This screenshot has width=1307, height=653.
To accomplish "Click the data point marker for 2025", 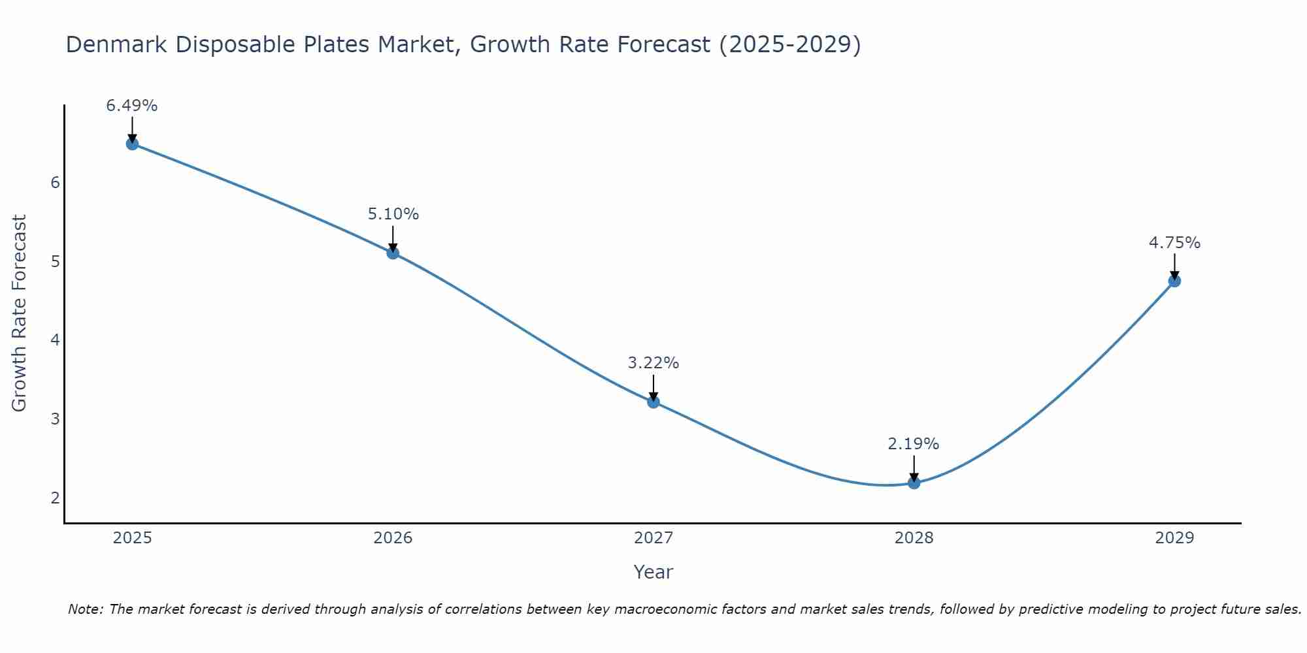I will [x=132, y=144].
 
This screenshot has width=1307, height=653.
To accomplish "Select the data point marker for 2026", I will [x=393, y=253].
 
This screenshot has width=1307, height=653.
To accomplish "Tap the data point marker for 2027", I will [x=653, y=402].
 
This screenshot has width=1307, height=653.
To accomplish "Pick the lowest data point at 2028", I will [x=914, y=483].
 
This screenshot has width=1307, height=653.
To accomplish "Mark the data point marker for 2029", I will [x=1174, y=281].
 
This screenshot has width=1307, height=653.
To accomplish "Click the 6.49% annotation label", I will [x=132, y=106].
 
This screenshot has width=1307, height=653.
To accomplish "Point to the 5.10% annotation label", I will [x=393, y=214].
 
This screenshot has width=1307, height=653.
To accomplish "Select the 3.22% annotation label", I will [x=653, y=363].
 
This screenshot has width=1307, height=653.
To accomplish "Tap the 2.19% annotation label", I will [x=914, y=444].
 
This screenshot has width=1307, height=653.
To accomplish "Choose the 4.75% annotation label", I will [x=1174, y=243].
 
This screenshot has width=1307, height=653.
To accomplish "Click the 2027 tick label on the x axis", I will [x=653, y=538].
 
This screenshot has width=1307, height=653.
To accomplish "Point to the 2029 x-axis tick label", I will [x=1174, y=538].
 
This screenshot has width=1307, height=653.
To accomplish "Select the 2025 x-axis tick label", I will [x=132, y=538].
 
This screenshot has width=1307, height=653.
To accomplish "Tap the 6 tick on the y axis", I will [x=55, y=183].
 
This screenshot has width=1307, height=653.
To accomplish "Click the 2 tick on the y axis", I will [x=55, y=498].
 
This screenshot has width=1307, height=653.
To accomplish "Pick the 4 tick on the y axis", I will [x=55, y=340].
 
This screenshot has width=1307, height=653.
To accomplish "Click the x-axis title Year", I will [x=653, y=572].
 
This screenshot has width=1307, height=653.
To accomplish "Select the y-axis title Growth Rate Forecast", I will [x=20, y=313].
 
